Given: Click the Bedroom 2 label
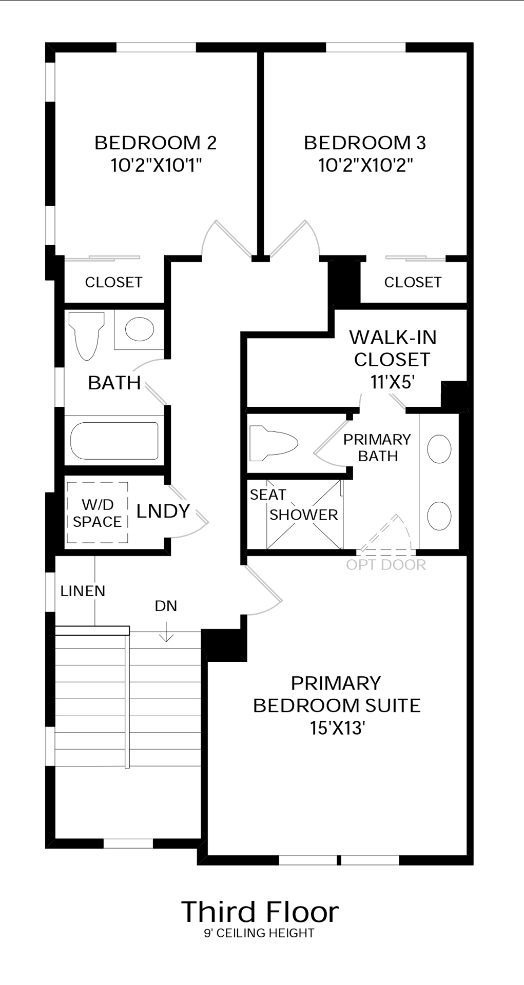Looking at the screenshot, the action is point(156,143).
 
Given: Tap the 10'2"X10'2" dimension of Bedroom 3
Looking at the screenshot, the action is point(365,165).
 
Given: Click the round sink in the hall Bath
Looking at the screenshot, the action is point(140,329).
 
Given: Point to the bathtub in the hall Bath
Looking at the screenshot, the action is point(114,441).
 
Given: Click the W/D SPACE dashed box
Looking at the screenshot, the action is point(98,512).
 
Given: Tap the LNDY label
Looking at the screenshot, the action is point(163,511).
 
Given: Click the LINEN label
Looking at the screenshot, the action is point(83,591).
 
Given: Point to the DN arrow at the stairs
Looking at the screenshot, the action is point(166,632).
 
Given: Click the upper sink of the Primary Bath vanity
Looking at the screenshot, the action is point(439,449).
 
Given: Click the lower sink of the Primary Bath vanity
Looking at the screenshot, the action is point(439,516).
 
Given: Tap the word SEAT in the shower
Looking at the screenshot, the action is point(268,495).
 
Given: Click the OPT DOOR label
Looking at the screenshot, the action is point(386,565).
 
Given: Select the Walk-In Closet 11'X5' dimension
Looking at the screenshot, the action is point(392,382).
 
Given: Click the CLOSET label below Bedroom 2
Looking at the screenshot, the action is point(113,282).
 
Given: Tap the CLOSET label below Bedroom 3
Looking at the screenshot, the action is point(413,282).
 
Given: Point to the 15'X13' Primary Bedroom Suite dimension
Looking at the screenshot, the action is point(337,728).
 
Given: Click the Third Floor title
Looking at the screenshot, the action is point(260,912).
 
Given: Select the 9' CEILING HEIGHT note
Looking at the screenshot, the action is point(259,933).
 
